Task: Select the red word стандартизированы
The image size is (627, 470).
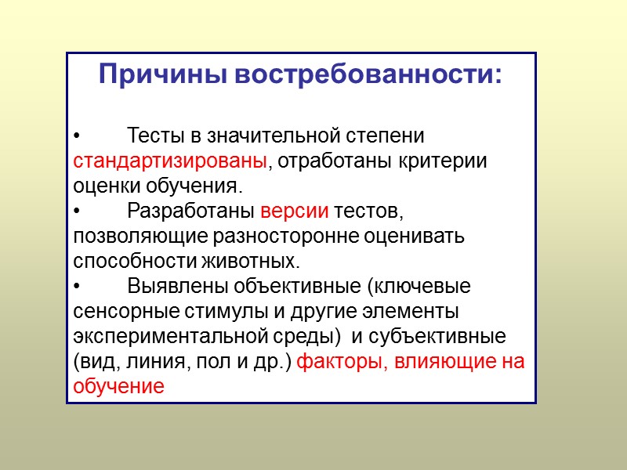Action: coord(170,161)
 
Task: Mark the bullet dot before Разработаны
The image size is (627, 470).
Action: coord(76,211)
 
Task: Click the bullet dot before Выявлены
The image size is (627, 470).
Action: coord(76,287)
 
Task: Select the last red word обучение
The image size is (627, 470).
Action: coord(118,386)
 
